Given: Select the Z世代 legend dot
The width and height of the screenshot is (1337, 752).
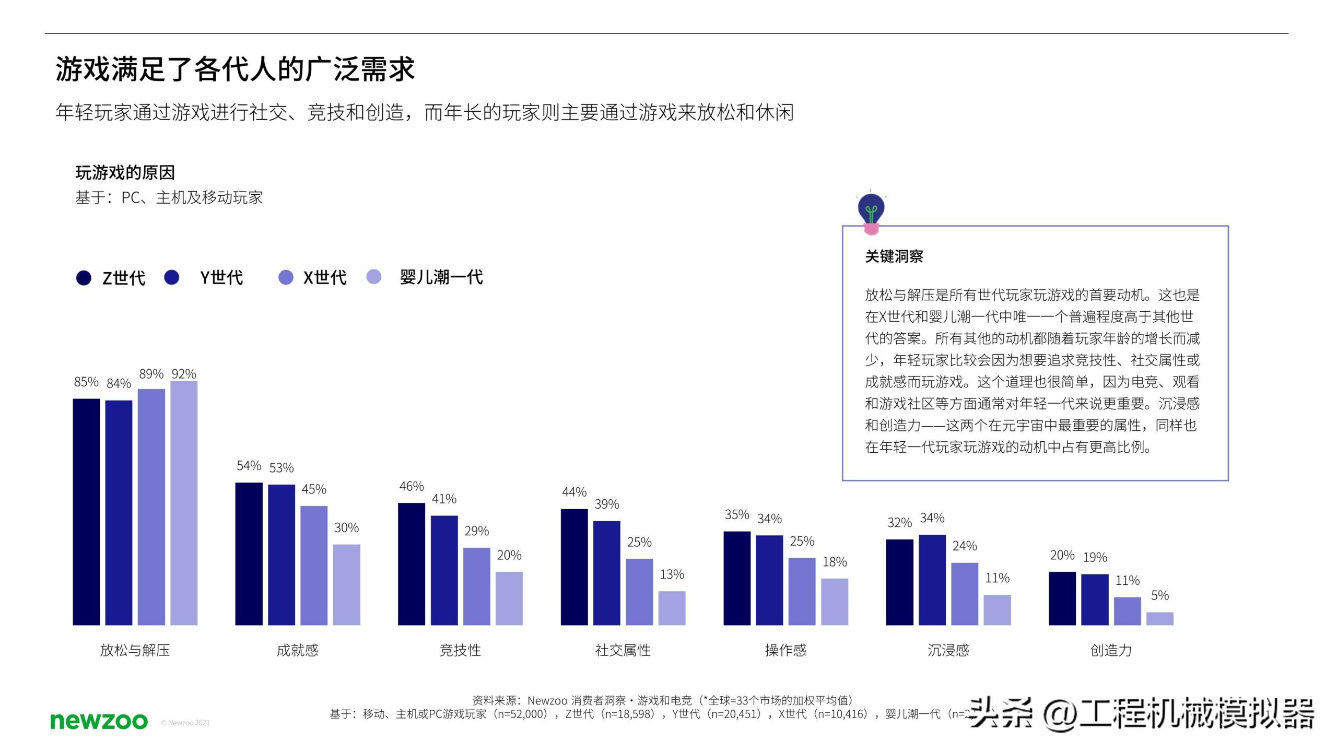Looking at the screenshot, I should click(x=84, y=278).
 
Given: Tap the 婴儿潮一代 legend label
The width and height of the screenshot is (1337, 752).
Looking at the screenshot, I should click(x=441, y=277).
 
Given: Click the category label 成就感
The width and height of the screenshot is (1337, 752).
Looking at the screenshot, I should click(x=297, y=650).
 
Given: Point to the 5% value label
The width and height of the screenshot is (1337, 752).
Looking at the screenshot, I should click(x=1159, y=595).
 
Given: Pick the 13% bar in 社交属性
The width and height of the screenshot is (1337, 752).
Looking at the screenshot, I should click(x=672, y=608).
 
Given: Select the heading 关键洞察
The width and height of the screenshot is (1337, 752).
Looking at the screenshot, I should click(x=894, y=256).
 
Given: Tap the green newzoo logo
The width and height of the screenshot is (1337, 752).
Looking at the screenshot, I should click(x=99, y=721).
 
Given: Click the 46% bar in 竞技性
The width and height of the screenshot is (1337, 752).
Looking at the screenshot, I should click(x=412, y=564).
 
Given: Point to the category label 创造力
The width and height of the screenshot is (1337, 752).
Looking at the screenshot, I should click(x=1111, y=650).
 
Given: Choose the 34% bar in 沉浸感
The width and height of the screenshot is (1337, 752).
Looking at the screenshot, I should click(x=932, y=580).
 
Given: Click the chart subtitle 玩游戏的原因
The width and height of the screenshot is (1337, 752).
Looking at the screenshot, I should click(x=125, y=173).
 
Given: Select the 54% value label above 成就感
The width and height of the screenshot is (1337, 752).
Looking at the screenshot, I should click(x=249, y=465).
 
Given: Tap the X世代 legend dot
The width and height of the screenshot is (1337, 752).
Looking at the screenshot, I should click(x=286, y=277).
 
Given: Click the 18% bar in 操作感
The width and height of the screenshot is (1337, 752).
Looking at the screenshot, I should click(x=835, y=602).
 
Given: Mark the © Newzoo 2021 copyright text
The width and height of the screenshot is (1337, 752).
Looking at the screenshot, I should click(x=185, y=723).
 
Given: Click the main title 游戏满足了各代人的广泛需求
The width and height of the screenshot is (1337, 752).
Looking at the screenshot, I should click(x=235, y=69).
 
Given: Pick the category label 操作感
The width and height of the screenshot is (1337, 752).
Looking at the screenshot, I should click(x=785, y=650).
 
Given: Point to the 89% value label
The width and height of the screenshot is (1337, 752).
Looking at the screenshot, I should click(x=151, y=374).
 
